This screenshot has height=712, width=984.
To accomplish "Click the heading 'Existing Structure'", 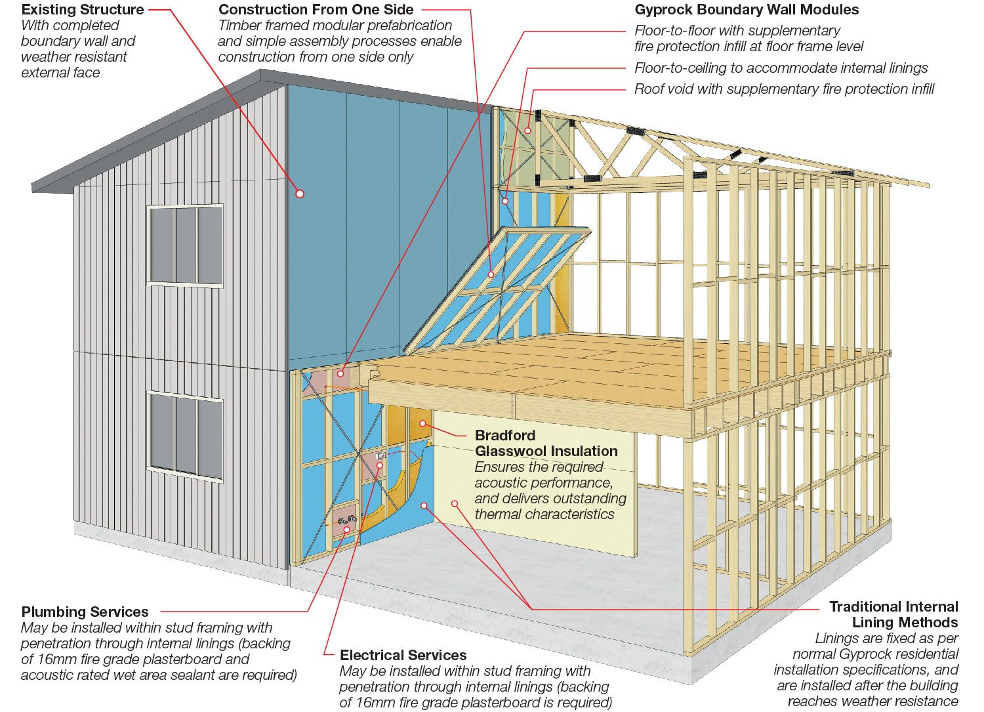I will click(83, 10).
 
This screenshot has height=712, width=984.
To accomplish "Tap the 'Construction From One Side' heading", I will click(316, 10).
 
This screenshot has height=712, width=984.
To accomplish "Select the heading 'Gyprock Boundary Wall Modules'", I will click(747, 10).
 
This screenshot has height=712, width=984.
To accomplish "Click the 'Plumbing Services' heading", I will click(85, 612).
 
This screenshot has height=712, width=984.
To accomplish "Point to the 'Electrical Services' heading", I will click(403, 655).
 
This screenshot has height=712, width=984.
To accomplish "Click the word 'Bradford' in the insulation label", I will click(505, 435).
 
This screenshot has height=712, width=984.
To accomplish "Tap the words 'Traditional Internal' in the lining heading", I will click(893, 606).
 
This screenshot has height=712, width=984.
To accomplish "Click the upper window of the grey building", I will click(186, 245).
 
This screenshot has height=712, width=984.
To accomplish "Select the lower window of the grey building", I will click(186, 434).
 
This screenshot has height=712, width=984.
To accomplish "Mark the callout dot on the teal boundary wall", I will click(300, 194).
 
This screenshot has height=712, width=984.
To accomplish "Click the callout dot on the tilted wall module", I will click(491, 275).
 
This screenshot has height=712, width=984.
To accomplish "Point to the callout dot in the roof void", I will click(527, 131).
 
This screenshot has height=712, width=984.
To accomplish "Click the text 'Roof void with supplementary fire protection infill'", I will click(784, 89).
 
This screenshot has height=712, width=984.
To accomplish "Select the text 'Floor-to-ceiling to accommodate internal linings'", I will click(781, 68).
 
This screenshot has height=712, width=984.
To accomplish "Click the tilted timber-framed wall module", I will click(499, 289).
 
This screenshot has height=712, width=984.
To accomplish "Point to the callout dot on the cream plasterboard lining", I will click(454, 503).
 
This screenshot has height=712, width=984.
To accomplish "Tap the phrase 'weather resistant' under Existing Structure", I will click(74, 56).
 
